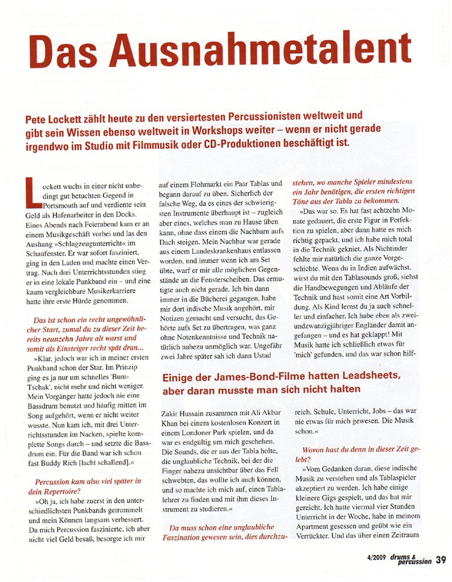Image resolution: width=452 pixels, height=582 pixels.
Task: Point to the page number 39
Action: point(441,560)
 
